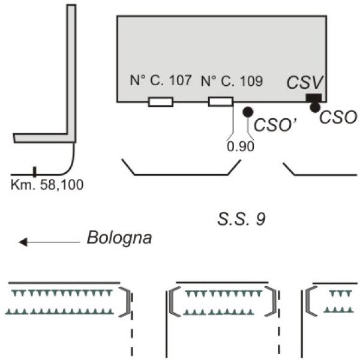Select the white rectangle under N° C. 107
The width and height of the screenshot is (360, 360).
(x=160, y=102)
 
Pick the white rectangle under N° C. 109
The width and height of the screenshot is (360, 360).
(x=220, y=101)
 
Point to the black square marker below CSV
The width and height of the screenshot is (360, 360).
(x=313, y=97)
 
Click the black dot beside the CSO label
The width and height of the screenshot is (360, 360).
(x=314, y=107)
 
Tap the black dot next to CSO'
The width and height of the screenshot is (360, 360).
(x=247, y=112)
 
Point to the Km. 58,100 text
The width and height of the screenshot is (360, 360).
(x=47, y=184)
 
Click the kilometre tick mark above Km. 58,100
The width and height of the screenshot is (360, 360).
(x=34, y=172)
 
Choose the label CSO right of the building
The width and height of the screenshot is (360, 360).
(x=338, y=117)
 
